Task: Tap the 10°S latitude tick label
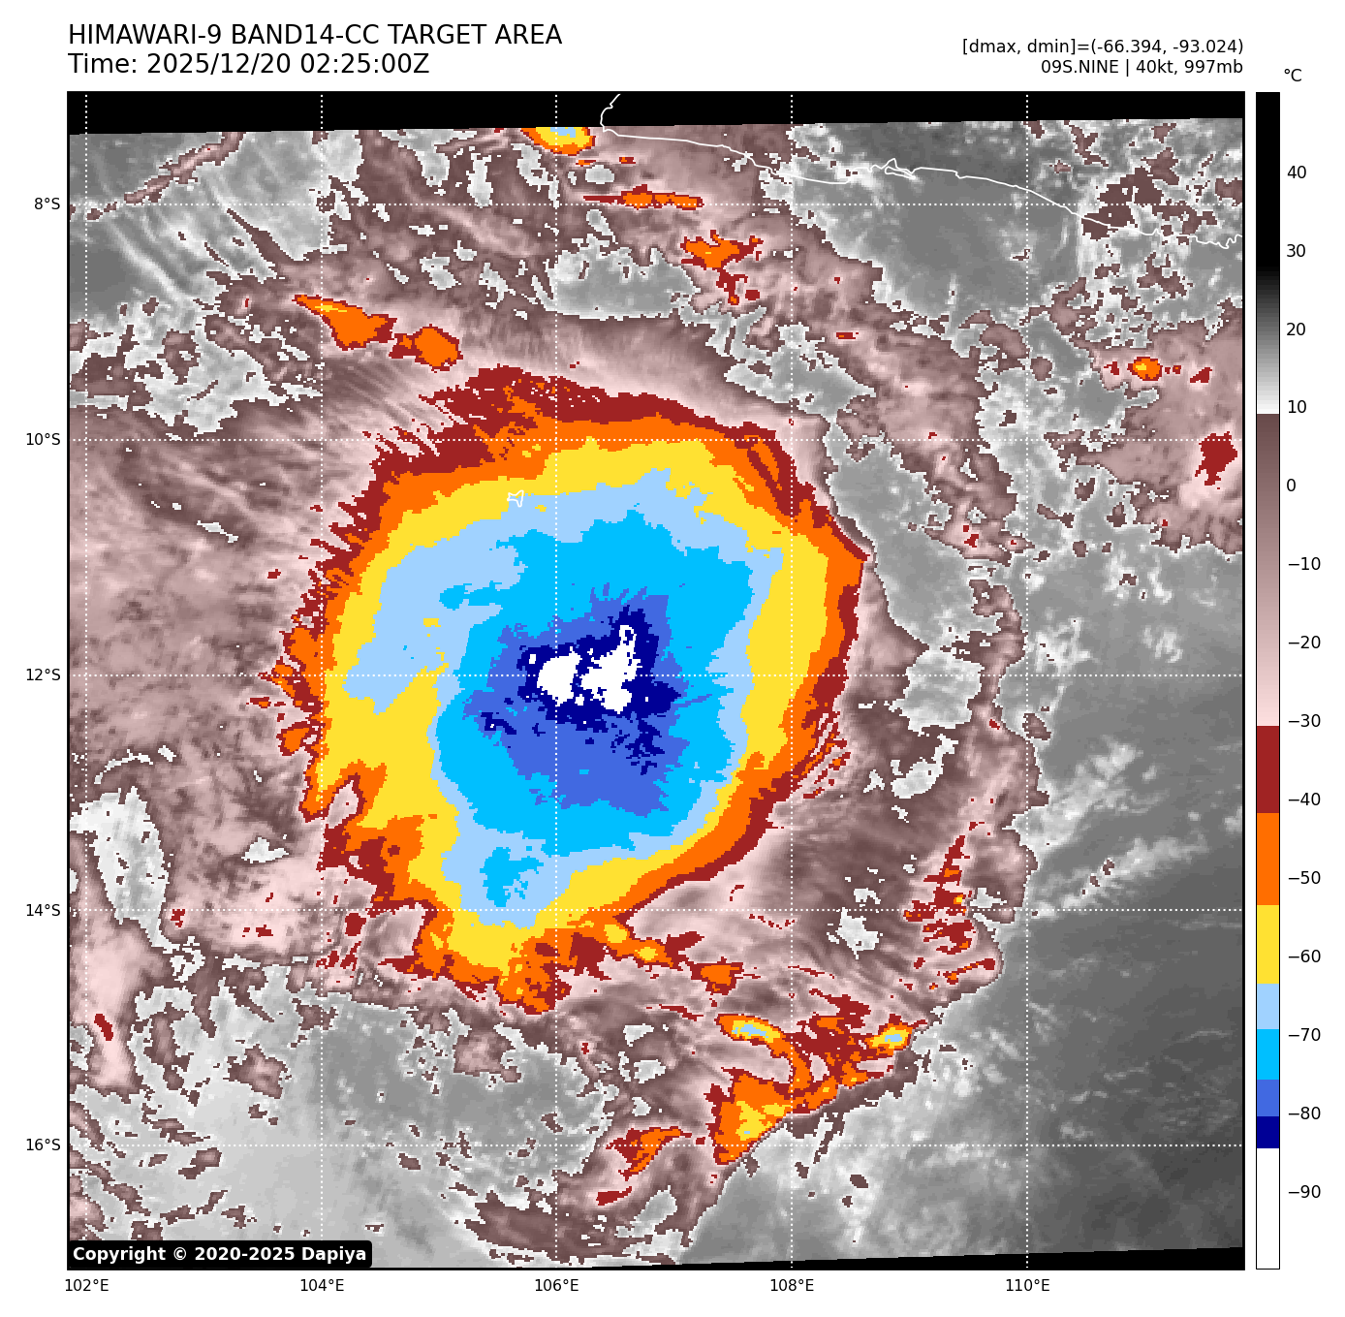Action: tap(43, 440)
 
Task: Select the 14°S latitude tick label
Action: tap(43, 911)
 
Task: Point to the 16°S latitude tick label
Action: tap(43, 1145)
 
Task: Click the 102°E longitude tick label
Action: tap(86, 1287)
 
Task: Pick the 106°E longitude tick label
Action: tap(556, 1287)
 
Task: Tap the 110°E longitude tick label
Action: tap(1027, 1287)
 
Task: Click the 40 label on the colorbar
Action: tap(1297, 173)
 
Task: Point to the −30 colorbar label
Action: tap(1303, 721)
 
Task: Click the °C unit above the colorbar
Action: tap(1293, 76)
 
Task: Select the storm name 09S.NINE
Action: tap(1079, 67)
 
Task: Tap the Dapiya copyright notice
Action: tap(220, 1254)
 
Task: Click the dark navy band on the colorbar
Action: tap(1267, 1132)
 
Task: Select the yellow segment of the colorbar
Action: tap(1267, 945)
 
